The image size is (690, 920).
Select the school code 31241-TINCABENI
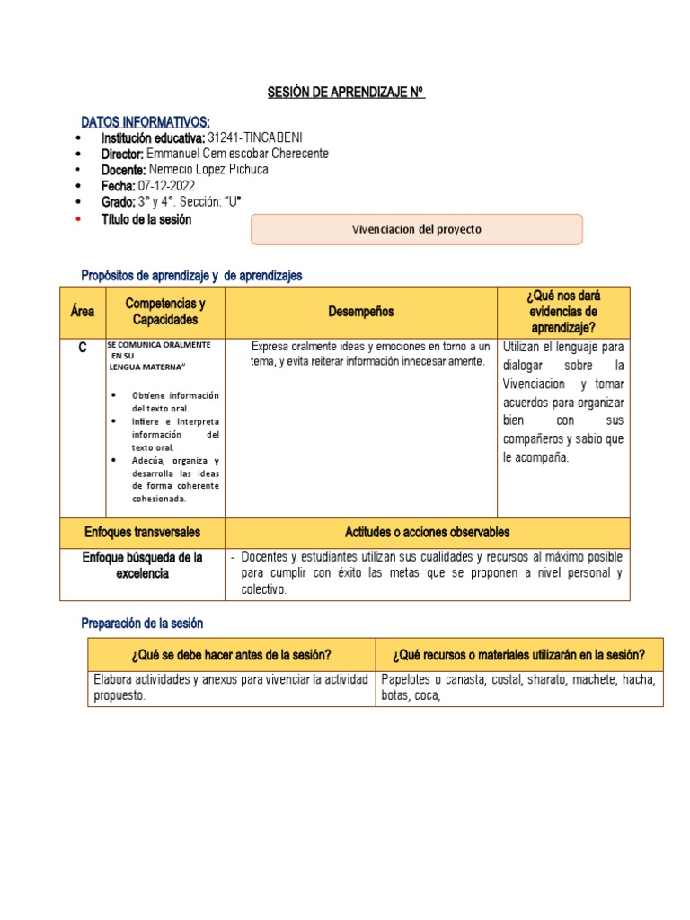[x=255, y=137]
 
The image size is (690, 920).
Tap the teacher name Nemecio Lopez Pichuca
[x=208, y=170]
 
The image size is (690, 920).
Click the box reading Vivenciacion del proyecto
[x=416, y=229]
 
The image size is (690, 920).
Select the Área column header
[x=83, y=312]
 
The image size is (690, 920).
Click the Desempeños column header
[x=360, y=312]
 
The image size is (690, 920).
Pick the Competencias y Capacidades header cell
[x=165, y=312]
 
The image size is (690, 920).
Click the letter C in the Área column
[x=82, y=348]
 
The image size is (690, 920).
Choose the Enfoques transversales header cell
[x=142, y=532]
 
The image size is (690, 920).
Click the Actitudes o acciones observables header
[x=427, y=532]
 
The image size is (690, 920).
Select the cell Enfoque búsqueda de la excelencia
[x=142, y=565]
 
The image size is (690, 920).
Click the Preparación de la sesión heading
[x=142, y=623]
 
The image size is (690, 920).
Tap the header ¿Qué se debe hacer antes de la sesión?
[x=232, y=654]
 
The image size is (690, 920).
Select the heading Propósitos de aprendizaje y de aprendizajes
[x=191, y=276]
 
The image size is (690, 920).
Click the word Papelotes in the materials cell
[x=409, y=679]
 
